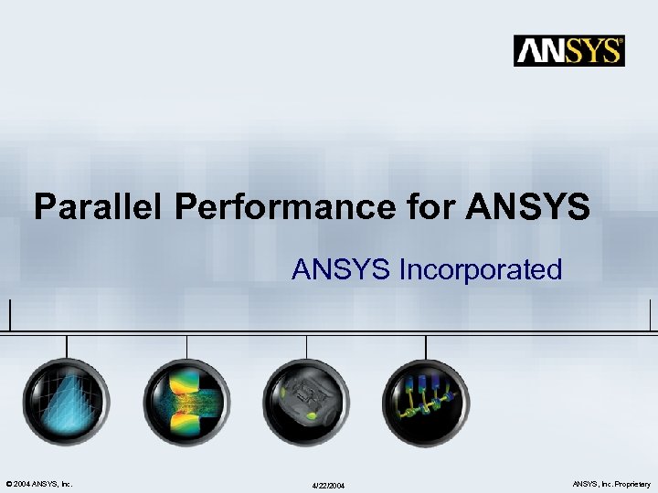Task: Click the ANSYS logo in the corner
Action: [x=569, y=50]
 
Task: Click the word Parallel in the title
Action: [x=99, y=207]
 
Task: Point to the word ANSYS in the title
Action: [x=528, y=207]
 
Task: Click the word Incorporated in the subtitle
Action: [x=480, y=269]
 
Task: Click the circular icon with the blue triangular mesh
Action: [x=66, y=402]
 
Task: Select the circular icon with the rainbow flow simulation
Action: [x=186, y=402]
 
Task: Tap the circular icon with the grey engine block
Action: [x=306, y=402]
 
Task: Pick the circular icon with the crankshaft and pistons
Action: [x=426, y=402]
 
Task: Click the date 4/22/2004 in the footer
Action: [x=328, y=485]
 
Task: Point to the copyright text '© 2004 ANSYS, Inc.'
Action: [x=39, y=483]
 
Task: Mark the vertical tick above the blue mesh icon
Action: [x=66, y=344]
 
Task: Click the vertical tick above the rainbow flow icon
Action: [x=186, y=344]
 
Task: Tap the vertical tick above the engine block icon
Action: [x=306, y=344]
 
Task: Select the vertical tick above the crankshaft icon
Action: [x=426, y=344]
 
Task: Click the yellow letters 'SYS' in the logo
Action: [x=593, y=50]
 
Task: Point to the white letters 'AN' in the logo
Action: [x=540, y=50]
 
